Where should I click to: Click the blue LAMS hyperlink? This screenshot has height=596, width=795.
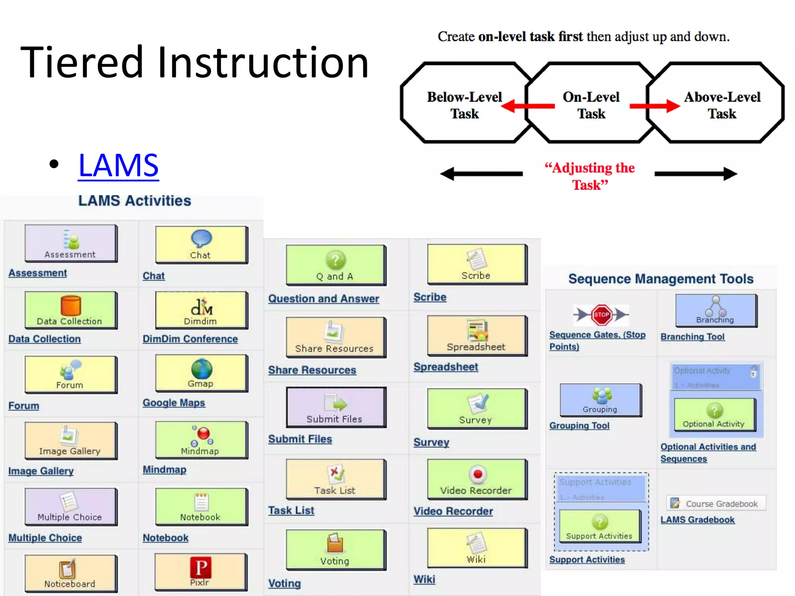[x=118, y=166]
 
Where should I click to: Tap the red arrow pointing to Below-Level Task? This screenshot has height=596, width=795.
[x=528, y=106]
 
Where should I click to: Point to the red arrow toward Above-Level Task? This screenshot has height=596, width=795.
[x=654, y=106]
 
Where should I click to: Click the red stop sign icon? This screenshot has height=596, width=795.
[x=601, y=315]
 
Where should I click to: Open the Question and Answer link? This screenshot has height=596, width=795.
[x=323, y=299]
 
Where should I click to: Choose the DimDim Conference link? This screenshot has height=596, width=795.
[x=190, y=339]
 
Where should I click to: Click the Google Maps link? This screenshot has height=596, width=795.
[x=174, y=403]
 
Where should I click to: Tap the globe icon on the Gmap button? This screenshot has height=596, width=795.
[x=201, y=369]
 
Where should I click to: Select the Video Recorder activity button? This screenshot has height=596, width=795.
[x=476, y=480]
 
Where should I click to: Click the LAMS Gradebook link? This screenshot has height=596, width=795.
[x=697, y=520]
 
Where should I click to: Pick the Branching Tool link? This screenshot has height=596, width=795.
[x=693, y=337]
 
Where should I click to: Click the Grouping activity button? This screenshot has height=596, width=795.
[x=600, y=400]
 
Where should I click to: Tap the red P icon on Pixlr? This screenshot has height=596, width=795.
[x=201, y=568]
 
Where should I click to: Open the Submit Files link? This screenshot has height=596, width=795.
[x=300, y=439]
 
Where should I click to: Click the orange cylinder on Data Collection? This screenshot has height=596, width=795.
[x=71, y=306]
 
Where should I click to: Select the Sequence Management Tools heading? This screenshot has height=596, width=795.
[x=661, y=279]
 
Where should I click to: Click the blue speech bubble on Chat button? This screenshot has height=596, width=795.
[x=201, y=238]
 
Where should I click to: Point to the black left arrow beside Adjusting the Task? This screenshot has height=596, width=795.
[x=481, y=174]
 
